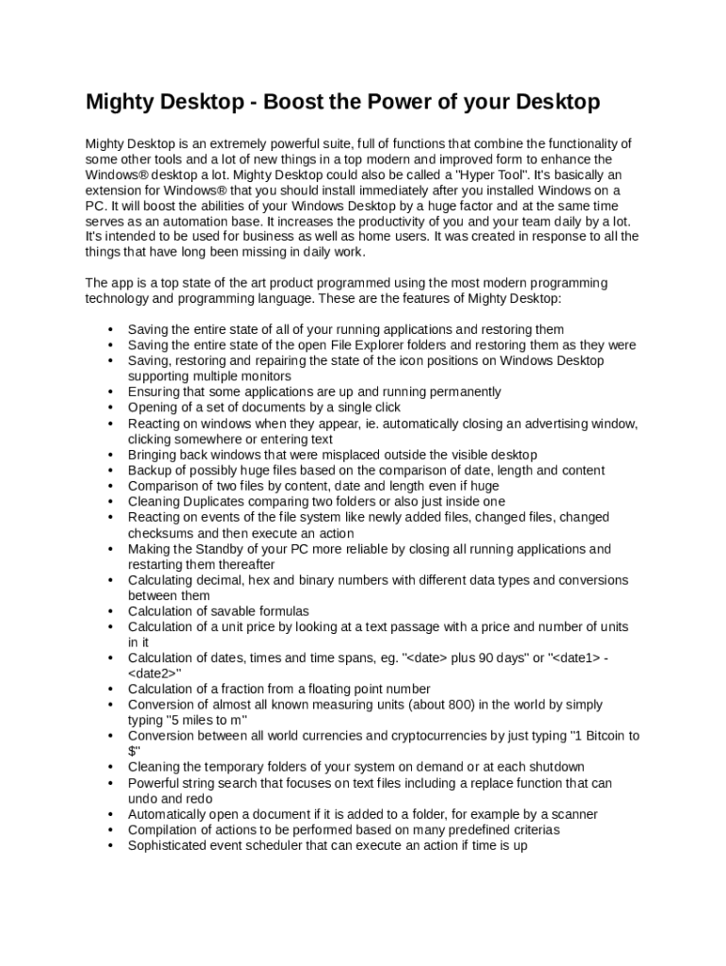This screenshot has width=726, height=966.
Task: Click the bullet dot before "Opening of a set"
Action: pyautogui.click(x=111, y=408)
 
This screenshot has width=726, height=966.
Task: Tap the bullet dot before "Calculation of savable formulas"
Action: pyautogui.click(x=111, y=611)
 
